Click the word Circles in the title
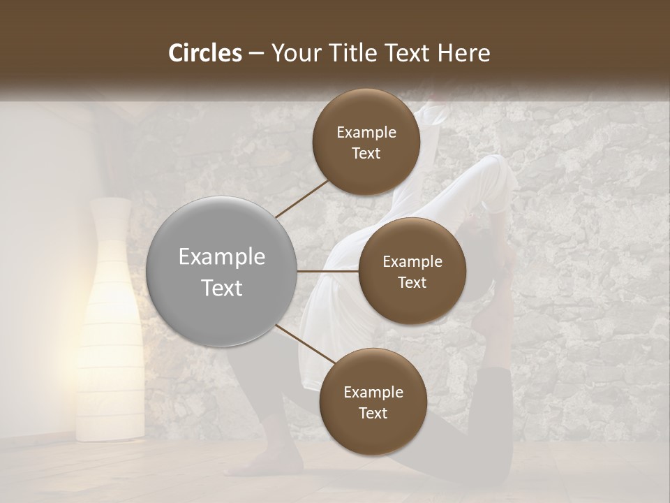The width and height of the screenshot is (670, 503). [x=205, y=53]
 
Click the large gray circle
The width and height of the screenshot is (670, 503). [x=222, y=271]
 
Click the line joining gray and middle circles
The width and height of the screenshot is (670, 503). [x=328, y=271]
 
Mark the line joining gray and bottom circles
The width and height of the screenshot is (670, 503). [x=305, y=345]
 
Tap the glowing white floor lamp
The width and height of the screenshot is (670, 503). [x=111, y=321]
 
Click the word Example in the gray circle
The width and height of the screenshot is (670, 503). [x=222, y=257]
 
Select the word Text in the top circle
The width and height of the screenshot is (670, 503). [x=366, y=154]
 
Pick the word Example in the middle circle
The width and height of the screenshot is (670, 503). [x=412, y=262]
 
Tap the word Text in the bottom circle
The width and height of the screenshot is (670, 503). [x=373, y=413]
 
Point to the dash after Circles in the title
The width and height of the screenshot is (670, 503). [x=255, y=53]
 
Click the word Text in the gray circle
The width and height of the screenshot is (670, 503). [x=222, y=288]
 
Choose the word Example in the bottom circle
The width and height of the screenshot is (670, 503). [x=373, y=393]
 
